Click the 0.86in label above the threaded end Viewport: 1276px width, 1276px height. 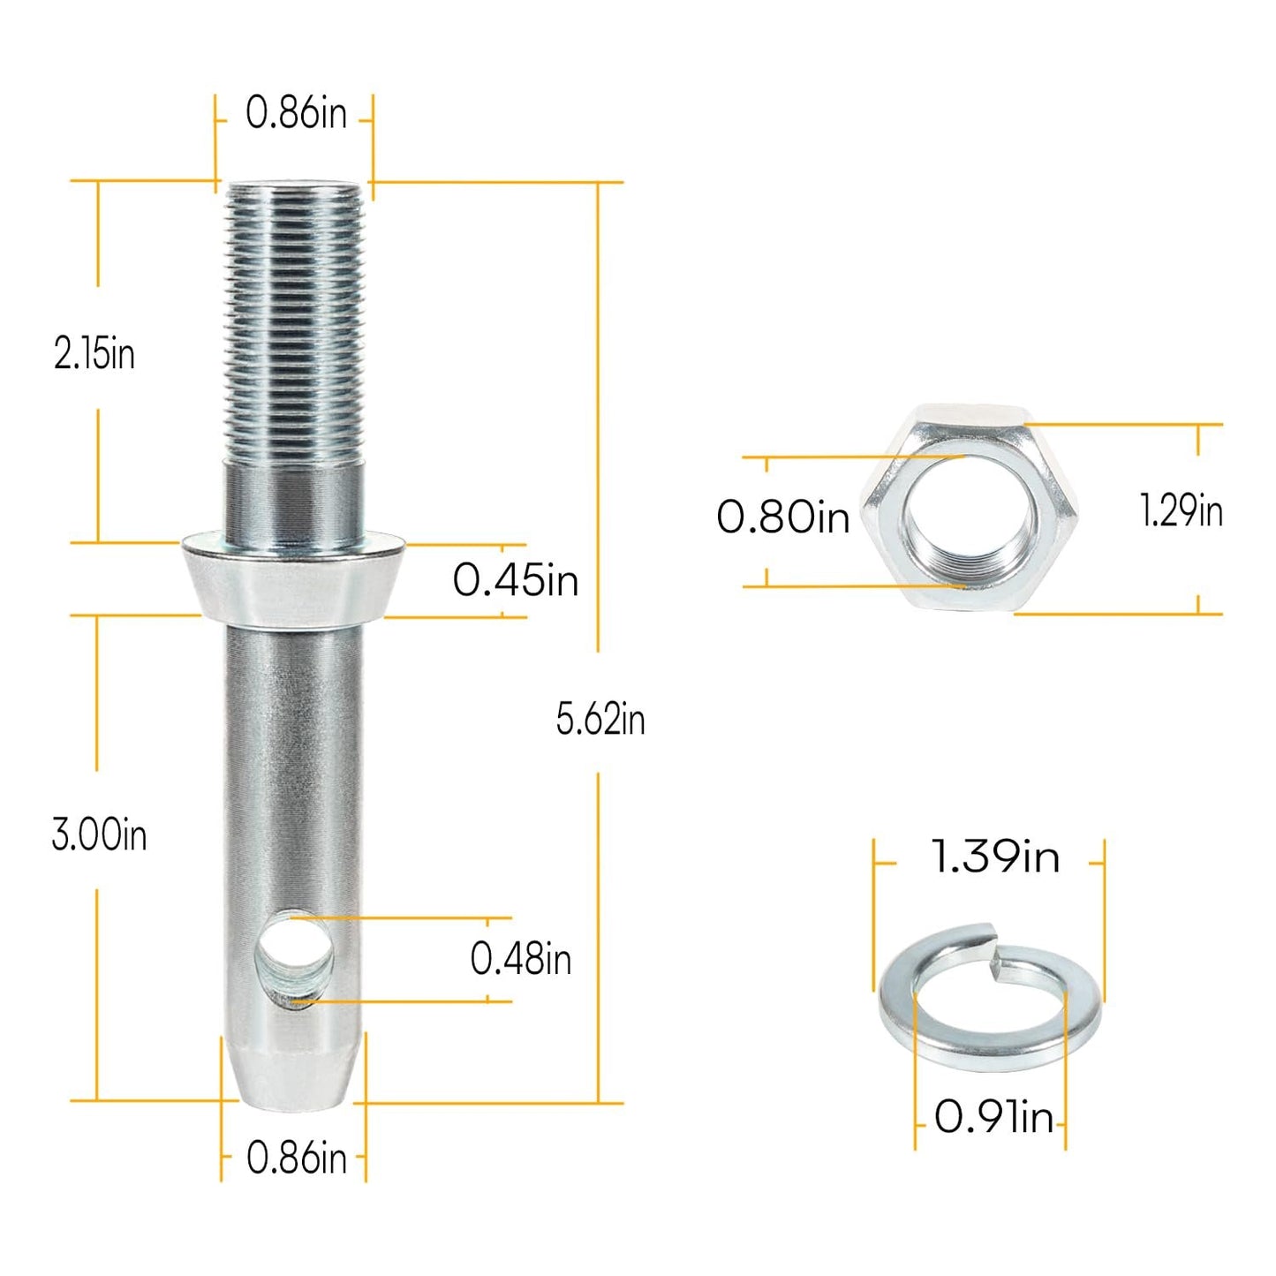point(296,114)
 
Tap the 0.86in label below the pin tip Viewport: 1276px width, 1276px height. point(296,1158)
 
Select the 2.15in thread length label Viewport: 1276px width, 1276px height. point(94,354)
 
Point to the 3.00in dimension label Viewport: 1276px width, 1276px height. point(99,834)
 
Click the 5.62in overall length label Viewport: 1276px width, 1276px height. point(600,719)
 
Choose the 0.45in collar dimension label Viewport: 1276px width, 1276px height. point(516,581)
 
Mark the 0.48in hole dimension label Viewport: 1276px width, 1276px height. point(520,959)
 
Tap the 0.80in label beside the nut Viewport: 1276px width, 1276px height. point(782,517)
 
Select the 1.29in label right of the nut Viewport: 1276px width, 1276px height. point(1181,512)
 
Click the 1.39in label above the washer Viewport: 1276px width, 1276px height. point(995,857)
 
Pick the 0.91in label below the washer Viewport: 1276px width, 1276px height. point(993,1118)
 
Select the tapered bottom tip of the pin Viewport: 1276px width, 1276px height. point(293,1073)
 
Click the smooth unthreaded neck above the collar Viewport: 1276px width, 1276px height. point(293,499)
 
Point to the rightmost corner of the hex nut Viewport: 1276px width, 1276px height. point(1075,510)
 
